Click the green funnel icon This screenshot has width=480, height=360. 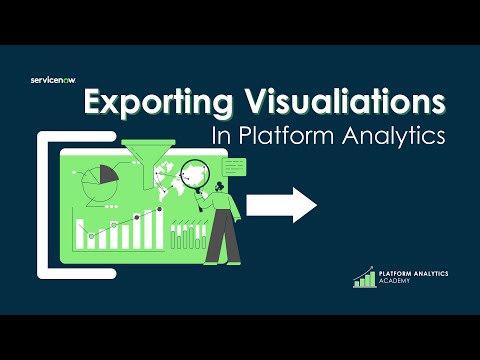(x=161, y=167)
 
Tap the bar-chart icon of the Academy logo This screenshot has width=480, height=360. (x=363, y=277)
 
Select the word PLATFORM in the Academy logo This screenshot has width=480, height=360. (x=397, y=272)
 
